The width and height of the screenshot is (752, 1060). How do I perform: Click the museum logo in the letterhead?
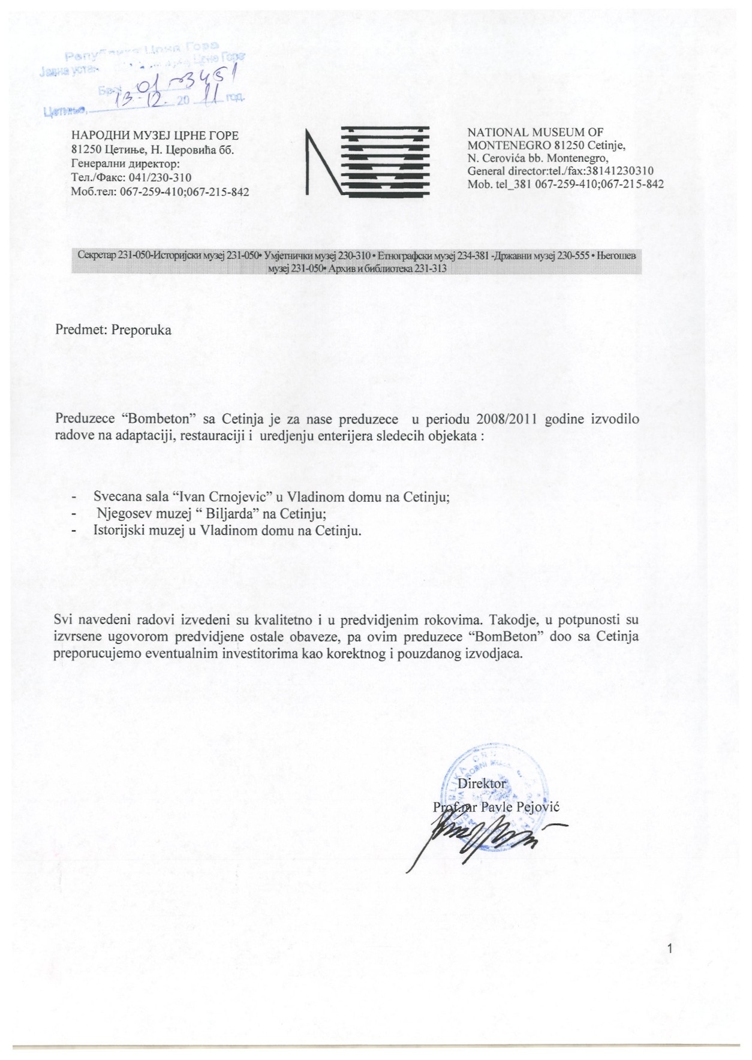pos(366,161)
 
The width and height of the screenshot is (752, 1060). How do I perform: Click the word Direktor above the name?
pos(482,784)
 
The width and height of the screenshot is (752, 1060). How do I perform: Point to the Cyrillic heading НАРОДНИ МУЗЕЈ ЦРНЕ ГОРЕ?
pos(155,136)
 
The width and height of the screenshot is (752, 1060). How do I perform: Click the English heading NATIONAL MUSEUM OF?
pos(535,132)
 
